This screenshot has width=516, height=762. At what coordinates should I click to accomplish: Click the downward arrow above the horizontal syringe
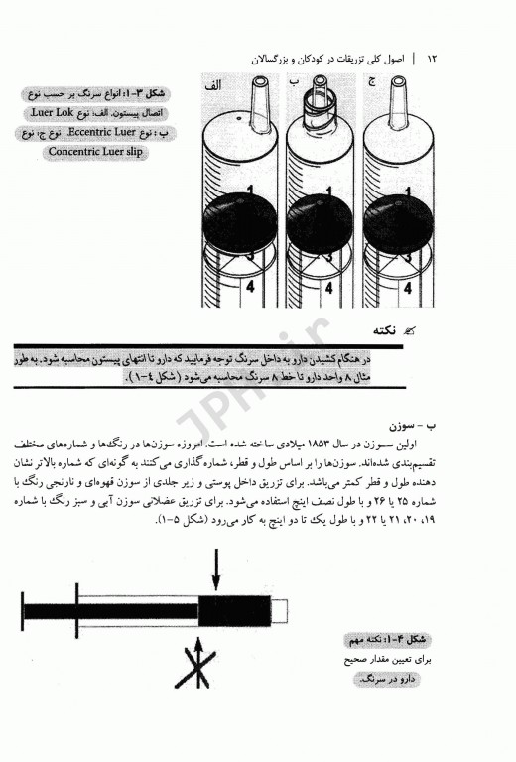coord(215,575)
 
